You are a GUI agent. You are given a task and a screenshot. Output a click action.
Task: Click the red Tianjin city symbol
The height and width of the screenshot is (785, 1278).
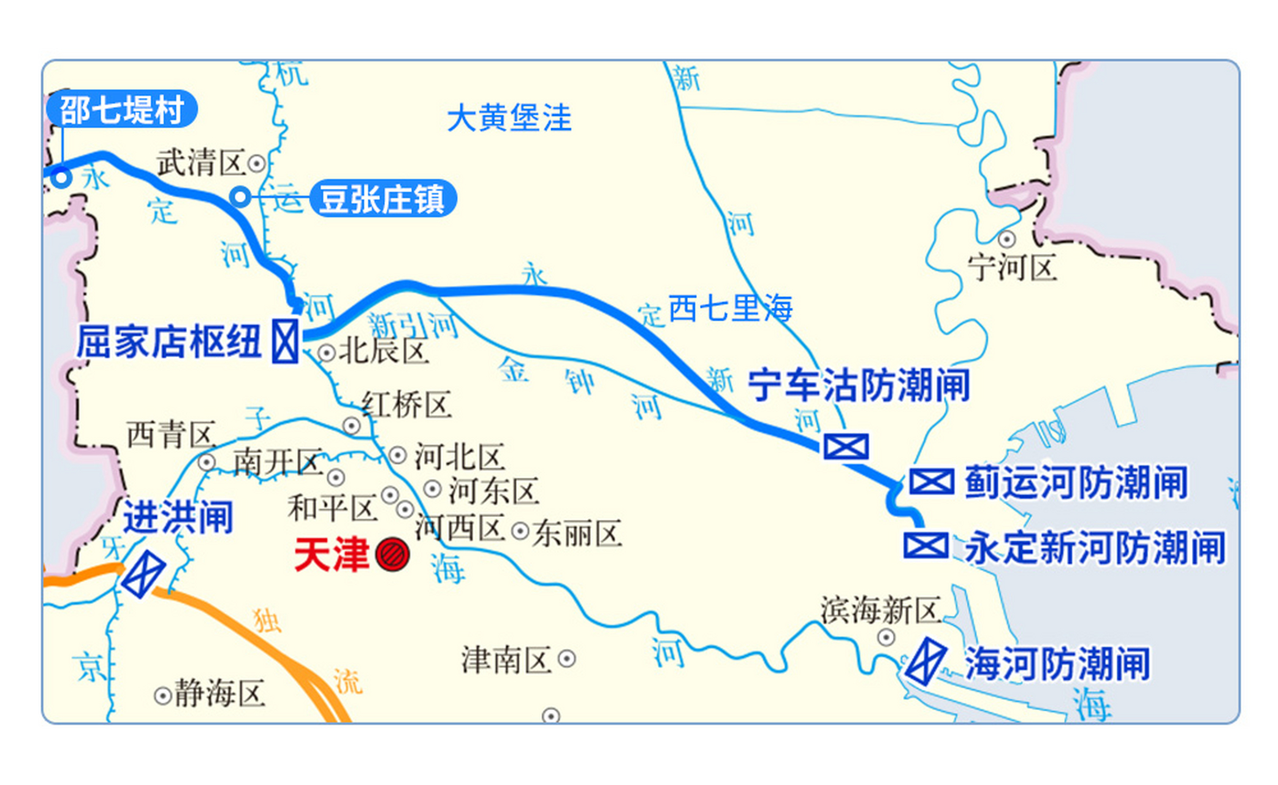pos(392,555)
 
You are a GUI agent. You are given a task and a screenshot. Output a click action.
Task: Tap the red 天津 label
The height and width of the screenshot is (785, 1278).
pos(332,555)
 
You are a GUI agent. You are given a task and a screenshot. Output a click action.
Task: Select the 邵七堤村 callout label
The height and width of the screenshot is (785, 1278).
pos(122,110)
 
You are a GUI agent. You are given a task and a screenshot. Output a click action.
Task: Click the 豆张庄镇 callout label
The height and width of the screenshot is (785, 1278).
pos(382,199)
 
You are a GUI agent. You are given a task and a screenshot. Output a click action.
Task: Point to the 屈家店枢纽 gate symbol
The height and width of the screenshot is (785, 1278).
pos(285,341)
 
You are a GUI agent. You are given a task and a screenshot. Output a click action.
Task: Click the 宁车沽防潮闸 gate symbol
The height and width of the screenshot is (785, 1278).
pos(846,446)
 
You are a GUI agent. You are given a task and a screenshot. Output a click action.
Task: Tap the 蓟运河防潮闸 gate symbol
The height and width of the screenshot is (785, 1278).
pos(931,482)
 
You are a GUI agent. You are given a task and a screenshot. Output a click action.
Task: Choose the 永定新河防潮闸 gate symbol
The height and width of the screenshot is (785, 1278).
pos(926,545)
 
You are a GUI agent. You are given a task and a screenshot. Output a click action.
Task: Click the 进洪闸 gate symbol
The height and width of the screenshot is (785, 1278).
pos(144,574)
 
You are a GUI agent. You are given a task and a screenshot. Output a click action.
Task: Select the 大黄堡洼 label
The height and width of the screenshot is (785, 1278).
pos(509,118)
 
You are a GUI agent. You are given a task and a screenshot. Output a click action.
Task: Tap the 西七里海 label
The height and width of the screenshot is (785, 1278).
pos(729,308)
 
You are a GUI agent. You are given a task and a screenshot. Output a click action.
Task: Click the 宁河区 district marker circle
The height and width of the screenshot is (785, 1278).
pos(1006,239)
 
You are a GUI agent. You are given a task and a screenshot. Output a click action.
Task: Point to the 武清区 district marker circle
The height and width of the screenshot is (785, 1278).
pos(256,164)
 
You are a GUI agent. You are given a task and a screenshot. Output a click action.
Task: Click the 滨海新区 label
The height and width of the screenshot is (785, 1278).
pos(880,611)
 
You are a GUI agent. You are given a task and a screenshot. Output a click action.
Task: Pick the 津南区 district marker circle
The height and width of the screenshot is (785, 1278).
pos(566,659)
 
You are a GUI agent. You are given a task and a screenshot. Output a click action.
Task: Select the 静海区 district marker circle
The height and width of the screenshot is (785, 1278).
pos(162,696)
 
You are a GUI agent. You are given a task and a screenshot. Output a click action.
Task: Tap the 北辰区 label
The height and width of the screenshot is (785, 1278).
pos(384,351)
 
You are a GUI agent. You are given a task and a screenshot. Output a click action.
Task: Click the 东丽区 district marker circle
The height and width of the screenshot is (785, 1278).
pos(520,531)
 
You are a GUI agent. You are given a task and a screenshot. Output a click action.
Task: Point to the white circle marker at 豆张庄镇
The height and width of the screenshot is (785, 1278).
pos(241,197)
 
